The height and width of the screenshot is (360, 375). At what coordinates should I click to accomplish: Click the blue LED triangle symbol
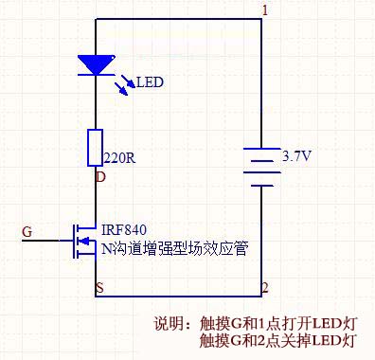[x=97, y=65]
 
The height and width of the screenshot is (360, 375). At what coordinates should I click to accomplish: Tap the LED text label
[x=150, y=83]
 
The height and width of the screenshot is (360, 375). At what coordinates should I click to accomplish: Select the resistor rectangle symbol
[x=97, y=147]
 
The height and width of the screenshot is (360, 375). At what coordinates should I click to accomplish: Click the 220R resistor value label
[x=117, y=159]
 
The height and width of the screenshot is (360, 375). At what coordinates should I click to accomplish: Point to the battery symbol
[x=261, y=166]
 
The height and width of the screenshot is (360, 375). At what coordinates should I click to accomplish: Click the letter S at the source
[x=99, y=286]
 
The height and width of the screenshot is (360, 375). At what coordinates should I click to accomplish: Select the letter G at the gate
[x=27, y=231]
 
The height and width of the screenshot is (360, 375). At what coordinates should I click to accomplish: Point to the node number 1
[x=265, y=10]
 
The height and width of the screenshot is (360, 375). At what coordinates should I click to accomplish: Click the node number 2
[x=265, y=287]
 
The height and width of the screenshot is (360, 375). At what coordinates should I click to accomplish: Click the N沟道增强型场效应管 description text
[x=174, y=249]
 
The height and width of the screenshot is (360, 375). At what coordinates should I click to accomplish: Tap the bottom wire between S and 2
[x=180, y=296]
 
